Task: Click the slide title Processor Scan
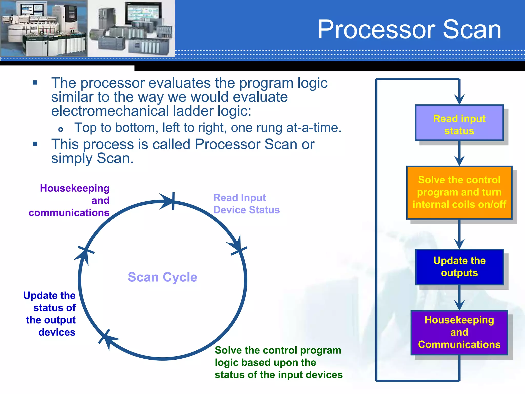pos(409,30)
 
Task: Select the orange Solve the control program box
pos(459,192)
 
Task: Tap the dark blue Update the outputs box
pos(459,267)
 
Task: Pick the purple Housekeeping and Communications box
pos(459,332)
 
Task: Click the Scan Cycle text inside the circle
pos(163,277)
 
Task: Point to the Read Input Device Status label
pos(246,204)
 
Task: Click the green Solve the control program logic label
pos(278,362)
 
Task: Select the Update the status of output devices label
pos(50,313)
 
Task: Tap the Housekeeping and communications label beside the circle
pos(69,200)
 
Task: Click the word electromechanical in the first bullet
pos(110,111)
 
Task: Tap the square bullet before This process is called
pos(35,144)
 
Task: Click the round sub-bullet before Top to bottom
pos(61,129)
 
